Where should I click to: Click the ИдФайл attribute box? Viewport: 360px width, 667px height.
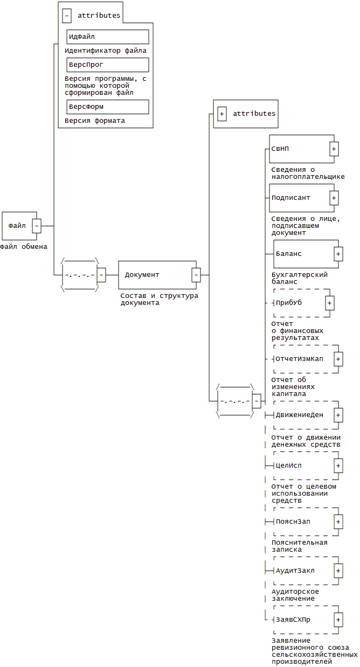(107, 37)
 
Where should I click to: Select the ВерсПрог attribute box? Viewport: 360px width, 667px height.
(107, 65)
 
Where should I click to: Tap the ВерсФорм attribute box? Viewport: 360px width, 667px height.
(107, 107)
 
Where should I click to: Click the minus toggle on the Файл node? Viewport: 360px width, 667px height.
(37, 226)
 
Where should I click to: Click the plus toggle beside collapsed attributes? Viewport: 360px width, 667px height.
(221, 114)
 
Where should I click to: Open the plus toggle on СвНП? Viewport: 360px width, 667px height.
(334, 149)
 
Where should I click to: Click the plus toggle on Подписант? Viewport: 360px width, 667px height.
(334, 198)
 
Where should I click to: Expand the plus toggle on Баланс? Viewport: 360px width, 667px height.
(338, 254)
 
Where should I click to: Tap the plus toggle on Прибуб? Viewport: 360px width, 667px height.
(330, 303)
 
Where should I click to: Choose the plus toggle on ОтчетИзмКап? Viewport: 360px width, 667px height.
(338, 359)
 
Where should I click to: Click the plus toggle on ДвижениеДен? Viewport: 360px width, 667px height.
(338, 415)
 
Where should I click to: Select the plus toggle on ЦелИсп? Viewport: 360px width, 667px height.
(338, 465)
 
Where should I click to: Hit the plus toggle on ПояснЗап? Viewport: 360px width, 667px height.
(338, 522)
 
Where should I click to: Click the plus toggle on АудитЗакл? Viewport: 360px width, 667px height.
(338, 571)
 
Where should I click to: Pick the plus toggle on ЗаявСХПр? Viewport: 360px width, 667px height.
(338, 620)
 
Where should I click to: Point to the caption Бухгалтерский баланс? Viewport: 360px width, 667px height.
(300, 278)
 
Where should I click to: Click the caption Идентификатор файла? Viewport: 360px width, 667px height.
(106, 51)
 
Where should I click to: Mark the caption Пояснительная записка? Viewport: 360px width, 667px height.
(300, 546)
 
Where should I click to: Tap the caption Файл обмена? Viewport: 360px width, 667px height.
(24, 247)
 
